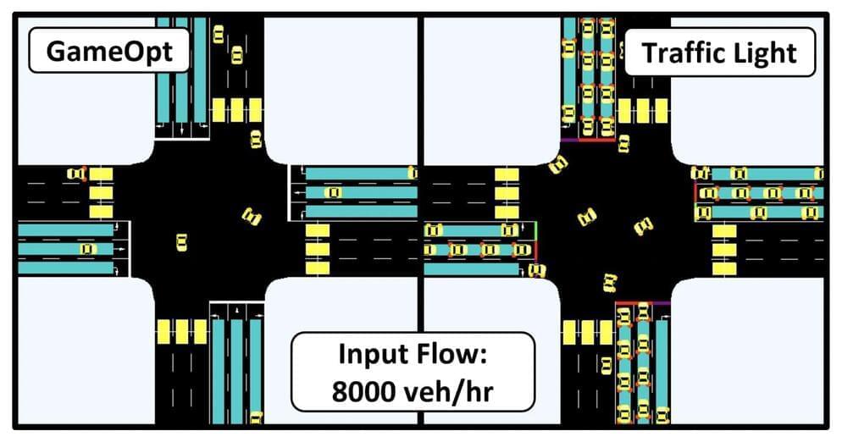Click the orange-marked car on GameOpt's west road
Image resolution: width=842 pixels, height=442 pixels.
pos(78,174)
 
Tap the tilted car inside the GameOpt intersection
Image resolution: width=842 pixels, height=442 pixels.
pos(251,216)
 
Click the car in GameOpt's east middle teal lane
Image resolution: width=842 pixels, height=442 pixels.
pos(333,192)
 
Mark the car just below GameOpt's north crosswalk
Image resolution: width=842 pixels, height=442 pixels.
pos(255,138)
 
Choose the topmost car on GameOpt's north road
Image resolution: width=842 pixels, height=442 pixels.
pos(219,35)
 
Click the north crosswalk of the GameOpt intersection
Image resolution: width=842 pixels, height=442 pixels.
pos(236,110)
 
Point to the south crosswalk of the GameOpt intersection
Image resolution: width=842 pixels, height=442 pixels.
pos(181,331)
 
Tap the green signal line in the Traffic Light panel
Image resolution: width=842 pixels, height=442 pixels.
pos(536,229)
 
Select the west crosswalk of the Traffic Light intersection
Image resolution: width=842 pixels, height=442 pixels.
pos(507,192)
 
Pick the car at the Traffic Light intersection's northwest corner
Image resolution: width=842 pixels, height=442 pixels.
pos(557,165)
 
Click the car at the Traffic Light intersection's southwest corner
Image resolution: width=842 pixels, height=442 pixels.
pos(535,271)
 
